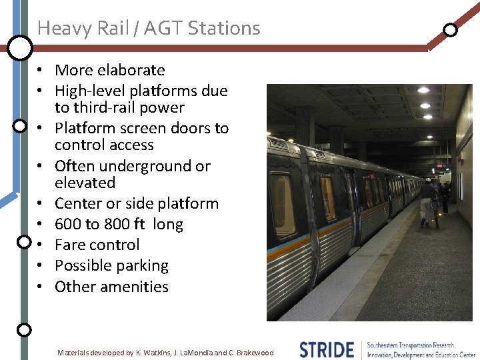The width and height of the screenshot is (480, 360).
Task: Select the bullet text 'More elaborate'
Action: click(109, 70)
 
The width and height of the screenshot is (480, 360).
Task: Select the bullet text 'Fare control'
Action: click(97, 245)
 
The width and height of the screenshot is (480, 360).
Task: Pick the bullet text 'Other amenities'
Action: click(111, 287)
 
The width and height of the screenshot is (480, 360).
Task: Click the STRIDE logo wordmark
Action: click(327, 349)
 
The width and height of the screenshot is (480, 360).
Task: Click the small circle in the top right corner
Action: click(451, 29)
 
